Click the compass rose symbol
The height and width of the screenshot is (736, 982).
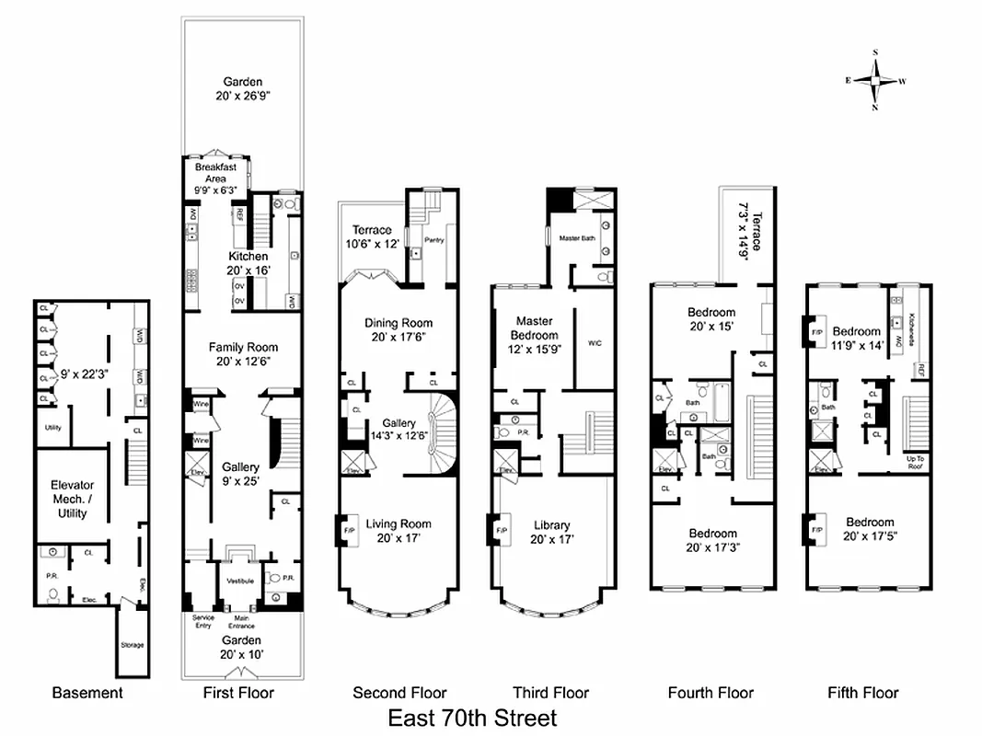tap(875, 80)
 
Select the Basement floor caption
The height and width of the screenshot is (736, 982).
tap(87, 693)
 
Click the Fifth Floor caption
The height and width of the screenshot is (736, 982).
tap(862, 693)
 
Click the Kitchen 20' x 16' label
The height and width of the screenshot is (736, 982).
tap(248, 263)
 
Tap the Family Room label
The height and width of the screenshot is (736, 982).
tap(243, 354)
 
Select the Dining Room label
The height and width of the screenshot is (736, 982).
tap(399, 329)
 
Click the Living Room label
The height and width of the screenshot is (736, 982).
tap(399, 531)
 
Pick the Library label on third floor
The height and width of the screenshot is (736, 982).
tap(552, 533)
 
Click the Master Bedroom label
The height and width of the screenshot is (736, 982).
tap(534, 335)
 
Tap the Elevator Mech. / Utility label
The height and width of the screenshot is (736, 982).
tap(72, 499)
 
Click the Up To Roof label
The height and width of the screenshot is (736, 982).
tap(916, 463)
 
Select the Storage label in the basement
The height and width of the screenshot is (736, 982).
tap(132, 645)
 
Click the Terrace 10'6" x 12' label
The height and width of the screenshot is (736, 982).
tap(373, 236)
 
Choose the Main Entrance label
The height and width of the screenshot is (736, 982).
tap(241, 624)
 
